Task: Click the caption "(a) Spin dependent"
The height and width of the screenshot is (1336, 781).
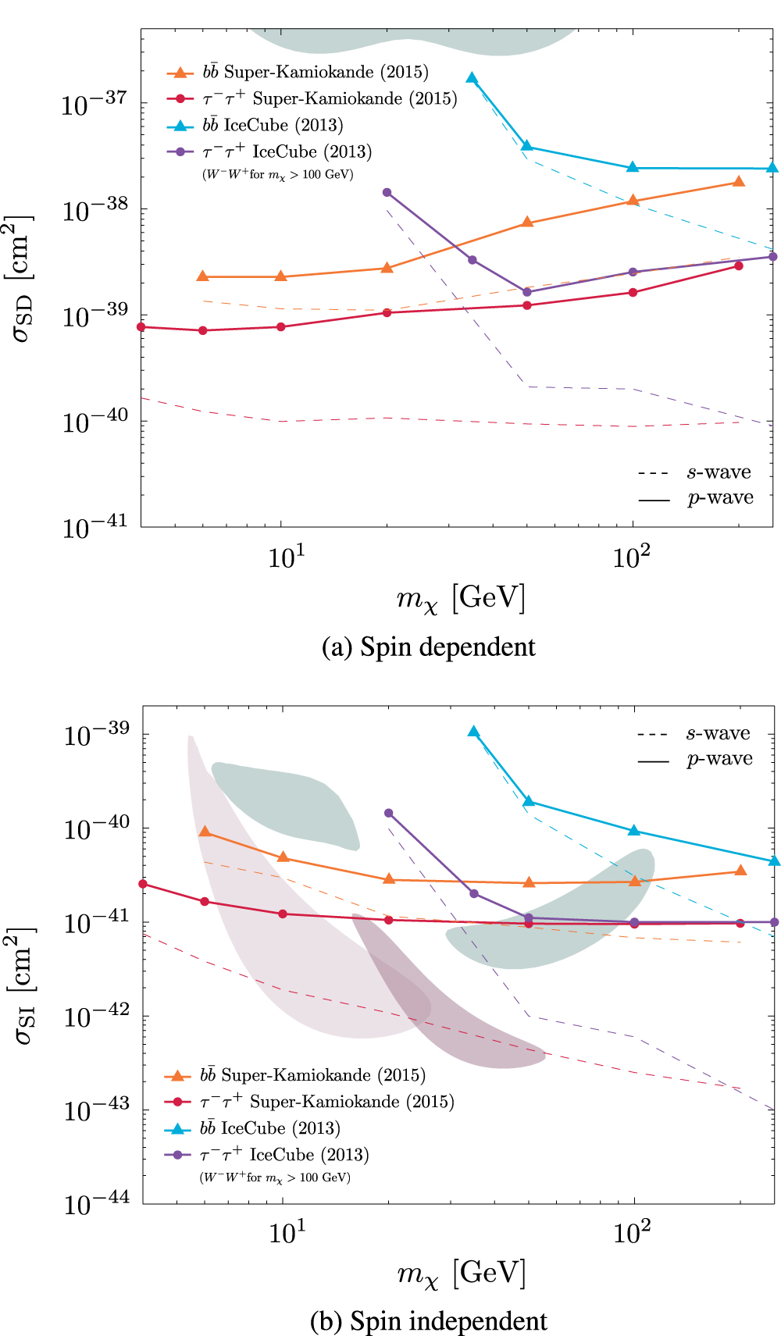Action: (x=428, y=647)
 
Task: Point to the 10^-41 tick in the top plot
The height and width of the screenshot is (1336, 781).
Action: (x=94, y=529)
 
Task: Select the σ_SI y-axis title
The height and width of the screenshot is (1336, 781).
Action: (x=22, y=985)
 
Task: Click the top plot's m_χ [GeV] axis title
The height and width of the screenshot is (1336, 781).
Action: (x=461, y=599)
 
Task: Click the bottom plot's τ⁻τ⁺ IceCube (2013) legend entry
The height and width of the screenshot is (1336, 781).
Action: (x=284, y=1155)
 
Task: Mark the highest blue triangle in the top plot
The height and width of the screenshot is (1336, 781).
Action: (x=472, y=77)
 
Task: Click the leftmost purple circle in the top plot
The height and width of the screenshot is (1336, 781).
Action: (x=387, y=192)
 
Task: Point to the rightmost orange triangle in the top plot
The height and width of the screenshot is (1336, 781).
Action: (x=739, y=182)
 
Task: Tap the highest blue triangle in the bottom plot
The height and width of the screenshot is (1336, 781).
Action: (x=473, y=732)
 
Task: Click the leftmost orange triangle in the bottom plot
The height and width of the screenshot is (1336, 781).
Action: (x=205, y=832)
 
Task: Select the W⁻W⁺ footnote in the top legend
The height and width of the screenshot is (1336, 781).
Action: (x=277, y=174)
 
